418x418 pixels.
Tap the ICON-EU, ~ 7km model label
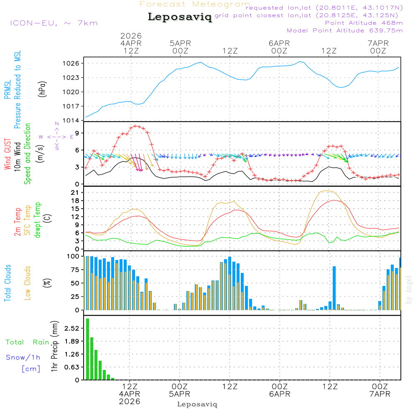coord(54,23)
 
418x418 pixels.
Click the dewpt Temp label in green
coord(38,220)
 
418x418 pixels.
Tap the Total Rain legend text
coord(28,342)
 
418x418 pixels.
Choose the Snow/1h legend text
coord(23,357)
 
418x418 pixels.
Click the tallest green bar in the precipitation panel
coord(87,349)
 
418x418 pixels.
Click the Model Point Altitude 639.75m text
coord(344,31)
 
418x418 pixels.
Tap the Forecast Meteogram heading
coord(195,4)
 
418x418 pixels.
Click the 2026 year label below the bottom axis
coord(130,401)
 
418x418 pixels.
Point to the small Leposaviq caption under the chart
coord(197,404)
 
